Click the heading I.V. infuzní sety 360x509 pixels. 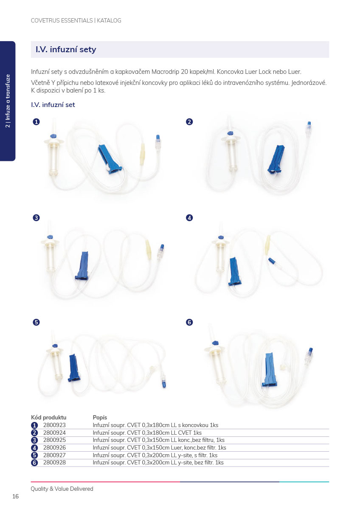pyautogui.click(x=66, y=49)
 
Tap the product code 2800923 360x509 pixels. pyautogui.click(x=54, y=425)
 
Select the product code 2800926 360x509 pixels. pyautogui.click(x=54, y=447)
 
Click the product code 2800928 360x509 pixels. pyautogui.click(x=54, y=463)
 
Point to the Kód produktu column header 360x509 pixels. pyautogui.click(x=49, y=417)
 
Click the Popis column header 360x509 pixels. pyautogui.click(x=100, y=417)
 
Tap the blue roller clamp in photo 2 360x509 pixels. pyautogui.click(x=276, y=159)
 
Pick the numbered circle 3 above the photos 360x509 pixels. pyautogui.click(x=37, y=218)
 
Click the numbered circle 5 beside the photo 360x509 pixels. pyautogui.click(x=37, y=322)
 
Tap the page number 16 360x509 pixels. pyautogui.click(x=16, y=496)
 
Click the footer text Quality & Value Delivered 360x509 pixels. pyautogui.click(x=62, y=489)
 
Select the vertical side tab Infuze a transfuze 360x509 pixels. pyautogui.click(x=8, y=101)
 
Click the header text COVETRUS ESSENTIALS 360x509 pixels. pyautogui.click(x=62, y=20)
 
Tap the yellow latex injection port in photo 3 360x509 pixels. pyautogui.click(x=148, y=249)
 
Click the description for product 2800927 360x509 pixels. pyautogui.click(x=155, y=455)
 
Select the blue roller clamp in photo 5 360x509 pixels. pyautogui.click(x=73, y=368)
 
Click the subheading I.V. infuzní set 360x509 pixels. pyautogui.click(x=53, y=105)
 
